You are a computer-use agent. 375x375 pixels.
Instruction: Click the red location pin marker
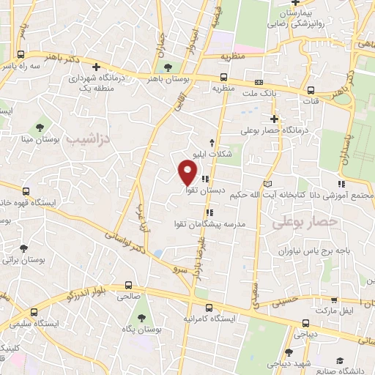(187, 172)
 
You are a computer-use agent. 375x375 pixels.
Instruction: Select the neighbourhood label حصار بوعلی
(305, 220)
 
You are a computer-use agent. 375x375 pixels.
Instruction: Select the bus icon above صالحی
(129, 286)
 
